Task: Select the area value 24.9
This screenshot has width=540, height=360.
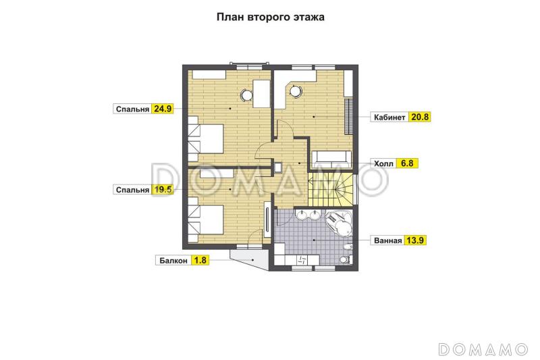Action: [163, 108]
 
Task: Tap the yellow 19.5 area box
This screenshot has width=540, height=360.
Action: [163, 190]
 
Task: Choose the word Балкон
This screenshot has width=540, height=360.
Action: [173, 259]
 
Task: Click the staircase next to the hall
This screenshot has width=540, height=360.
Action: [331, 189]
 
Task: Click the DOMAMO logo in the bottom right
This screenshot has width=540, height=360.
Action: [483, 349]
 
